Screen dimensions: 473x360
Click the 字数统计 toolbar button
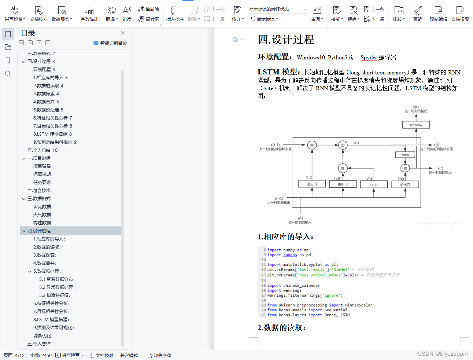pos(89,14)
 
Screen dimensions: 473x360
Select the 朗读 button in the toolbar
pos(127,14)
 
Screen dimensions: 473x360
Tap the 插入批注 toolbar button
pos(175,14)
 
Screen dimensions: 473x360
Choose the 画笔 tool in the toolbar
pos(417,14)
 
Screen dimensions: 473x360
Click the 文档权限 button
pos(460,14)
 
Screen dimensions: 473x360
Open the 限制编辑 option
pos(438,14)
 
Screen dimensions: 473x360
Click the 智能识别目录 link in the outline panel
pos(110,43)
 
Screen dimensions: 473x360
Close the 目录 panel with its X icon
pos(123,33)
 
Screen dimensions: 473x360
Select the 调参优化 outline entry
pos(42,335)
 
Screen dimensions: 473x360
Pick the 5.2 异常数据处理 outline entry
pos(57,287)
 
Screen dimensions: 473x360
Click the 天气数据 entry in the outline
pos(43,214)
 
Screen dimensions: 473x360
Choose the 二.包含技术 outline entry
pos(39,190)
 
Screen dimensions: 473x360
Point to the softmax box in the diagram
pos(416,125)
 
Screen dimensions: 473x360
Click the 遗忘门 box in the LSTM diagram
pos(312,184)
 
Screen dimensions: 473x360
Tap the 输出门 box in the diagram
pos(405,184)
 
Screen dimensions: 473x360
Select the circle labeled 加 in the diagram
pos(343,145)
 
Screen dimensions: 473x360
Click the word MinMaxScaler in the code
pos(358,305)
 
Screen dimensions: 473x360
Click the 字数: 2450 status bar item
pos(41,355)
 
